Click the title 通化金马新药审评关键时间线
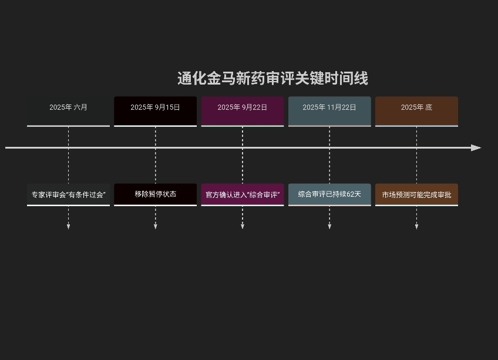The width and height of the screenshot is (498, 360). pyautogui.click(x=272, y=78)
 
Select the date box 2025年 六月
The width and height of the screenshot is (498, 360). pyautogui.click(x=68, y=110)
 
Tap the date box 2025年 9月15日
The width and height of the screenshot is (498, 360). pyautogui.click(x=155, y=110)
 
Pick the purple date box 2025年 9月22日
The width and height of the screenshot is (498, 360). pyautogui.click(x=242, y=110)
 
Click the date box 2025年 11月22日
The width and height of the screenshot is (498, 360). pyautogui.click(x=329, y=110)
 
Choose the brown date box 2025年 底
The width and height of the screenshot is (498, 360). pyautogui.click(x=416, y=110)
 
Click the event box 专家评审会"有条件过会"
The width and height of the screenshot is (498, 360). pyautogui.click(x=68, y=194)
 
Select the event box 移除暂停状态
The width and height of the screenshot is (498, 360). pyautogui.click(x=155, y=194)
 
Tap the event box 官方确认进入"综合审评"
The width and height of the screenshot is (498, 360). pyautogui.click(x=242, y=194)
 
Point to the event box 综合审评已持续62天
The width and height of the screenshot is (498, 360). pyautogui.click(x=329, y=194)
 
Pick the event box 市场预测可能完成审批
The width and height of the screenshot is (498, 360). pyautogui.click(x=416, y=194)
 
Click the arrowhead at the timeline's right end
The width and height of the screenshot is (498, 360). pyautogui.click(x=476, y=147)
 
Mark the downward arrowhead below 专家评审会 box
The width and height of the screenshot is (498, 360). pyautogui.click(x=68, y=227)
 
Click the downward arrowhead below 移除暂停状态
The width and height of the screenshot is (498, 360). pyautogui.click(x=155, y=227)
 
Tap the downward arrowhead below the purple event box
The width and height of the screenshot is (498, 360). pyautogui.click(x=242, y=227)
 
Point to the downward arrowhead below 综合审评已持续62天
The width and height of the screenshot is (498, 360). pyautogui.click(x=329, y=227)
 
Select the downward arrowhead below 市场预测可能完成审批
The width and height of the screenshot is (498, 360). pyautogui.click(x=416, y=227)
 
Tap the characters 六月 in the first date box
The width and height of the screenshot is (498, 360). pyautogui.click(x=80, y=107)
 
